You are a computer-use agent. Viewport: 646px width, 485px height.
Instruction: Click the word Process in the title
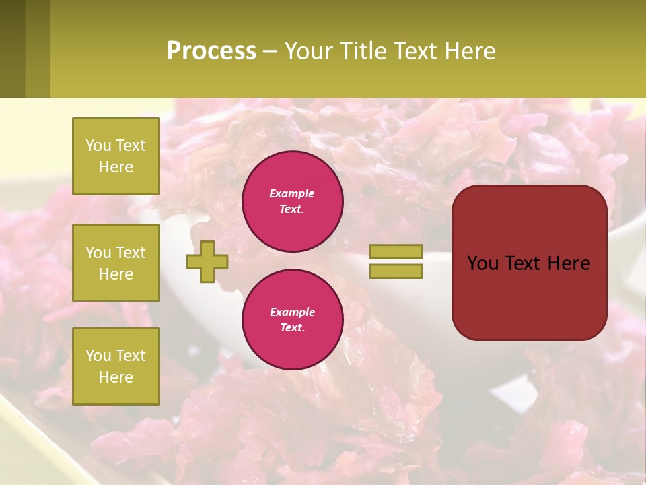[211, 51]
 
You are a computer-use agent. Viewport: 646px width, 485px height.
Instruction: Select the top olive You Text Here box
[116, 156]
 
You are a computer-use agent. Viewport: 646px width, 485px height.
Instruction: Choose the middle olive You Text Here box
[116, 263]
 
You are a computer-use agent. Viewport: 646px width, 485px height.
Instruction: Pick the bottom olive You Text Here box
[116, 366]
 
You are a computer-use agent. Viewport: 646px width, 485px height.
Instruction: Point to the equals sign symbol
[396, 261]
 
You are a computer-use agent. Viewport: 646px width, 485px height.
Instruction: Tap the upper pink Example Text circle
[292, 201]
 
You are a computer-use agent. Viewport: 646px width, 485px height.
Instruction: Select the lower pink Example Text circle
[292, 319]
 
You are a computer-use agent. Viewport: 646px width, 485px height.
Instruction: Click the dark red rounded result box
[529, 262]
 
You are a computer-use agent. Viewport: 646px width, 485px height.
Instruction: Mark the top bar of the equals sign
[396, 252]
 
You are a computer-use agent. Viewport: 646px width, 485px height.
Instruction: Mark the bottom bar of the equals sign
[396, 271]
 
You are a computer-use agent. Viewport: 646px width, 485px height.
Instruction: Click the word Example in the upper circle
[292, 193]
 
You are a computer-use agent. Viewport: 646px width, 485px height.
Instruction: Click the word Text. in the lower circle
[292, 328]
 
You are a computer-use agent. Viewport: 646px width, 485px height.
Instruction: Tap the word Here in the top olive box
[116, 167]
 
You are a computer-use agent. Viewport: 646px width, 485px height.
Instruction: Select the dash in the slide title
[270, 52]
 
